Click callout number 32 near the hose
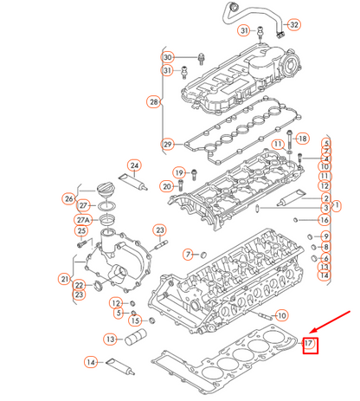[294, 23]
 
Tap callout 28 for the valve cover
[155, 102]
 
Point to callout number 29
[167, 144]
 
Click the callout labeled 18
[302, 139]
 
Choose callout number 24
[134, 165]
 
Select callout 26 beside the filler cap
[68, 198]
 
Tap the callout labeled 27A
[83, 218]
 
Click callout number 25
[82, 230]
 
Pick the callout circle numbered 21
[64, 278]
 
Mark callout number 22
[79, 285]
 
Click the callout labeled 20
[167, 186]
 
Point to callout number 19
[180, 173]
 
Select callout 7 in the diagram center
[186, 254]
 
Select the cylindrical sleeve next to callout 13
[136, 337]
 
